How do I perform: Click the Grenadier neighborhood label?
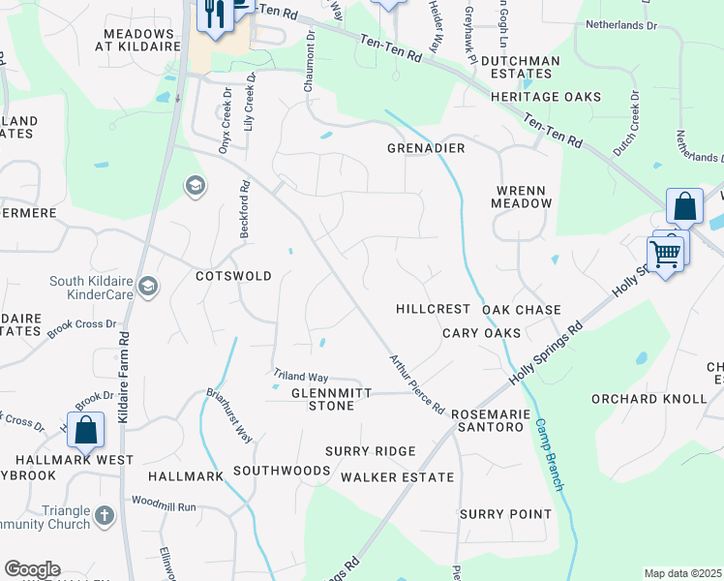click(x=427, y=148)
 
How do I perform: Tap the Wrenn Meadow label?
click(x=523, y=196)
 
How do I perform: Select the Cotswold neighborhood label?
click(x=233, y=276)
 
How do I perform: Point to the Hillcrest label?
click(x=433, y=309)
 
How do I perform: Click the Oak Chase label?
click(x=522, y=310)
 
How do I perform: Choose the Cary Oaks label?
click(x=482, y=333)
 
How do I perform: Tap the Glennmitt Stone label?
click(x=323, y=399)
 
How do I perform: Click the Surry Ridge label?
click(x=370, y=451)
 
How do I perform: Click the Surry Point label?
click(x=505, y=514)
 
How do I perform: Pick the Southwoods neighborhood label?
click(x=282, y=471)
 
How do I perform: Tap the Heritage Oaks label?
click(x=546, y=97)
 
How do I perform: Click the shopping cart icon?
click(x=665, y=254)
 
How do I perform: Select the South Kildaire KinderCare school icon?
click(x=149, y=286)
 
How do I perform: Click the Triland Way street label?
click(x=300, y=376)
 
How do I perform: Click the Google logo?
click(x=32, y=569)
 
